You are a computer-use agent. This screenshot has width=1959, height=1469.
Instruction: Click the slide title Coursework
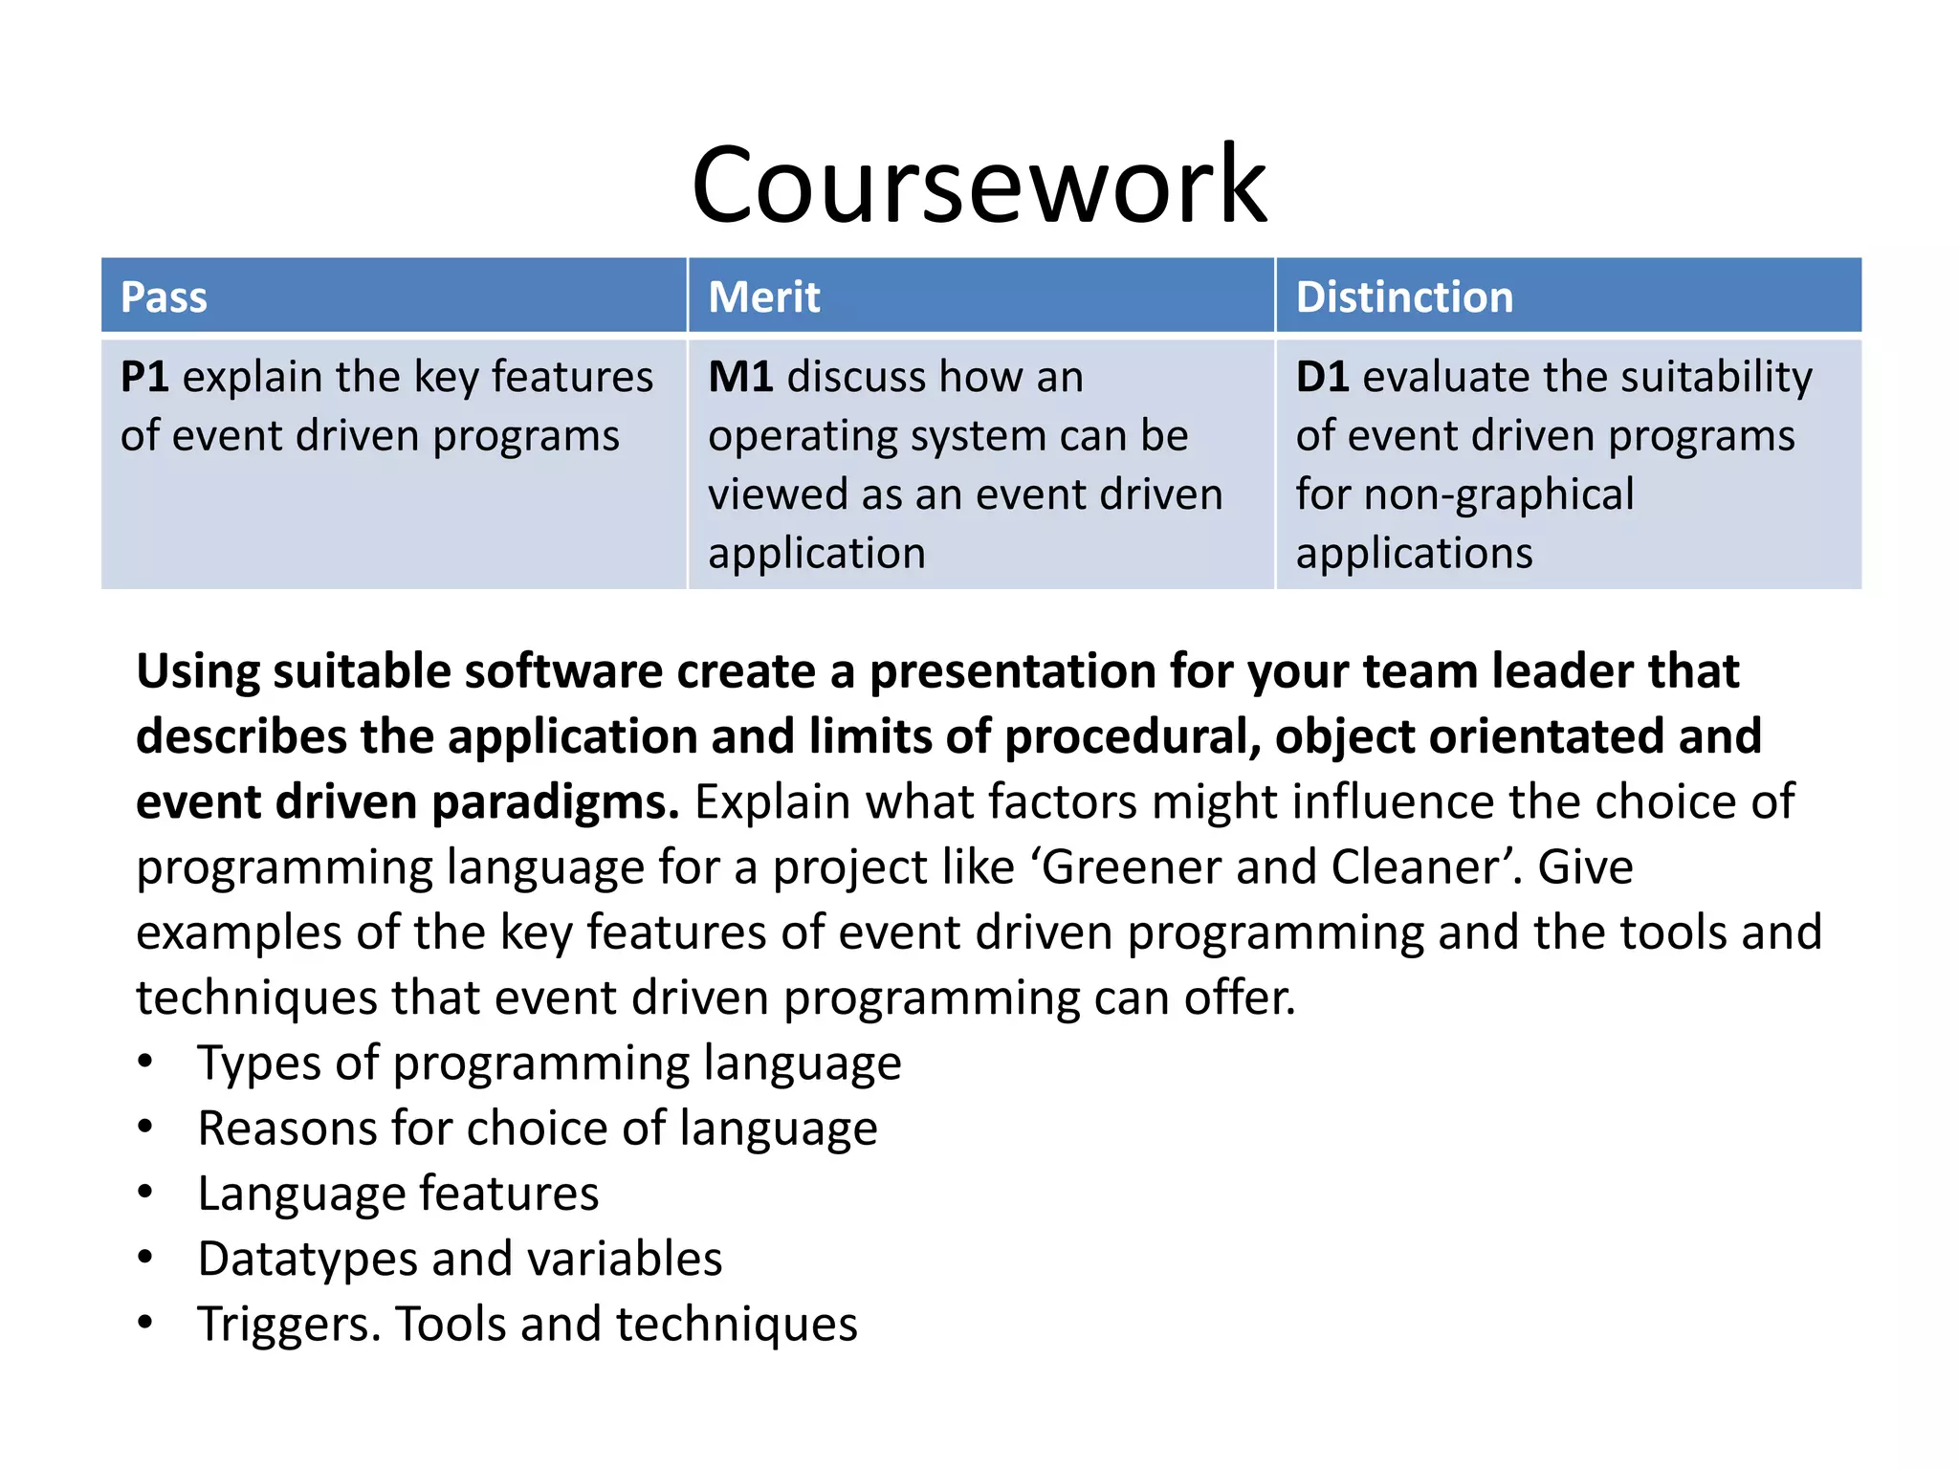coord(979,184)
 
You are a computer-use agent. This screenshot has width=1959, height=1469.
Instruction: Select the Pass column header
coord(164,297)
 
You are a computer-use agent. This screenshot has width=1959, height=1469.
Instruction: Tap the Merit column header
coord(763,297)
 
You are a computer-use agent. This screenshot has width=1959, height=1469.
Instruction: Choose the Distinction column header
coord(1403,297)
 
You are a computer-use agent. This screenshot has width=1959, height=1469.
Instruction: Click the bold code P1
coord(144,377)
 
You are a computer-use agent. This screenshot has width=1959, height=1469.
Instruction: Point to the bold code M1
coord(740,377)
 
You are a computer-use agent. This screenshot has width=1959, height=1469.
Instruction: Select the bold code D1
coord(1322,377)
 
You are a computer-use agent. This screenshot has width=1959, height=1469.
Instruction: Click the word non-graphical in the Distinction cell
coord(1499,495)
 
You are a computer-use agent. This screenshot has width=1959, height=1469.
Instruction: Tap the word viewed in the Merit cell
coord(778,495)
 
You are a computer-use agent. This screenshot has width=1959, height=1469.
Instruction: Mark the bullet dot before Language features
coord(144,1193)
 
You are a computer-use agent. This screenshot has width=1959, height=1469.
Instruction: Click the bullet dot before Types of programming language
coord(144,1062)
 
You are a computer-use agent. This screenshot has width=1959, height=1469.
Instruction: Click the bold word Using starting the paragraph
coord(197,672)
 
